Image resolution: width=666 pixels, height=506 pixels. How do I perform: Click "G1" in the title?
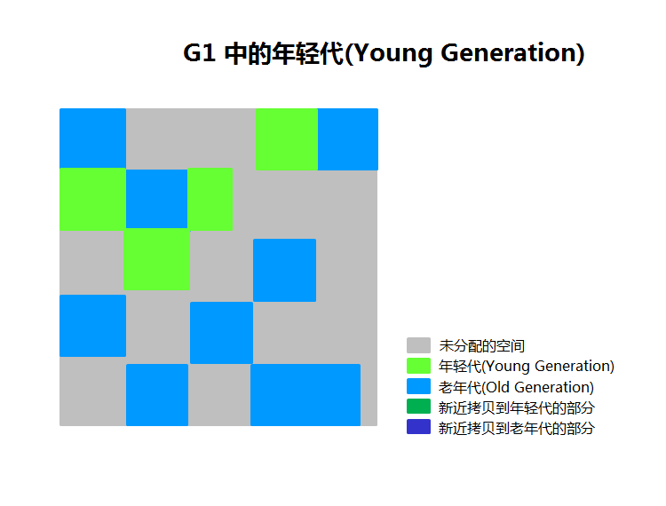tap(199, 53)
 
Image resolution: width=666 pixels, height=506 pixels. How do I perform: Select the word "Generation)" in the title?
tap(512, 53)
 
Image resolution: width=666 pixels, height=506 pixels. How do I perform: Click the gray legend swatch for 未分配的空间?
tap(418, 345)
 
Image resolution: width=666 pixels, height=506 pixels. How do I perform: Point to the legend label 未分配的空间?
tap(481, 345)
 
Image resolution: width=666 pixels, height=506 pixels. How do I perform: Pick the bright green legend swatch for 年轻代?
tap(418, 366)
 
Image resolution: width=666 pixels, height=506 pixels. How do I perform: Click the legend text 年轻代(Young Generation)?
tap(527, 366)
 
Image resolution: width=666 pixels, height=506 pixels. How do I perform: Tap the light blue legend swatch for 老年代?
tap(418, 386)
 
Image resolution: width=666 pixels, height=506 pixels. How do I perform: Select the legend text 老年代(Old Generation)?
tap(516, 387)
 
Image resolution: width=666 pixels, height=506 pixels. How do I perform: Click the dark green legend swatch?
tap(418, 407)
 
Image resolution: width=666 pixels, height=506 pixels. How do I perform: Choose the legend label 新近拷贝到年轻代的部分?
tap(517, 407)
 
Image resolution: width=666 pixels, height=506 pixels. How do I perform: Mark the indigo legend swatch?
tap(418, 427)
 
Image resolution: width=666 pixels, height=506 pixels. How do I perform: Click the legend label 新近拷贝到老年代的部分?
tap(517, 428)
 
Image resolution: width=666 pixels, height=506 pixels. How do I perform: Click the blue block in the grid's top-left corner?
tap(92, 138)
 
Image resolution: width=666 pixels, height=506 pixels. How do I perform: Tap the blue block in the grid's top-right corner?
tap(348, 139)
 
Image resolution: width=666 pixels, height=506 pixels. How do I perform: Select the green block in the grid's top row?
tap(287, 139)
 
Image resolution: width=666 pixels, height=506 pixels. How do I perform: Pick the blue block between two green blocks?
tap(156, 199)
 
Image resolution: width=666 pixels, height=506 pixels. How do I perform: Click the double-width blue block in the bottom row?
tap(305, 395)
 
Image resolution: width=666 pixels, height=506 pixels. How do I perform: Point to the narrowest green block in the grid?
tap(210, 199)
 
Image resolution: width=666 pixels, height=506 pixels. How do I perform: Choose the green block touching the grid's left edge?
tap(92, 199)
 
